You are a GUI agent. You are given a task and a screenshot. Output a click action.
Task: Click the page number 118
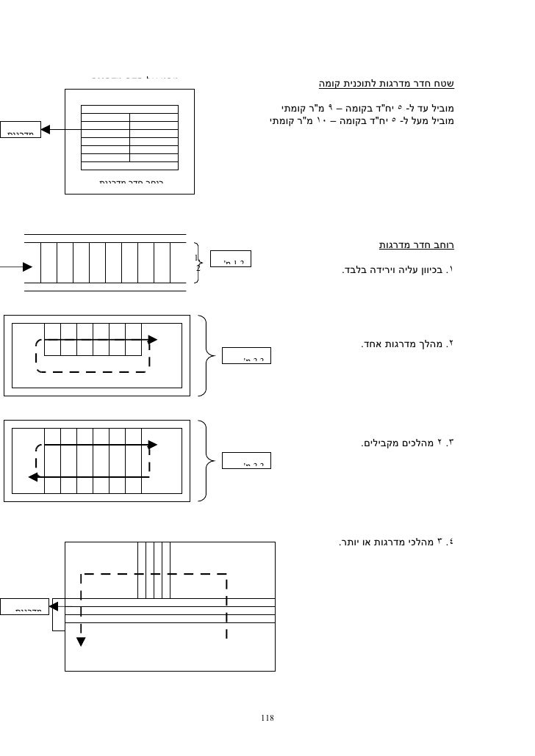click(x=267, y=717)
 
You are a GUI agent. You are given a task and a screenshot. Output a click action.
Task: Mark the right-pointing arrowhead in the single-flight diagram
click(x=152, y=340)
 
